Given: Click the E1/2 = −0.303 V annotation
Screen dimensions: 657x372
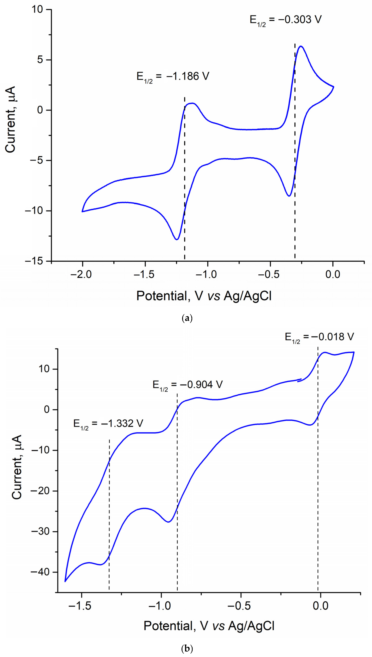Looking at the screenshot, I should pyautogui.click(x=285, y=20).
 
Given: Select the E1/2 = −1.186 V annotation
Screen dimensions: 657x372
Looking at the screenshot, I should pyautogui.click(x=173, y=76).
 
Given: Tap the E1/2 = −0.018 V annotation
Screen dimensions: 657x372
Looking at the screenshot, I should pyautogui.click(x=319, y=337).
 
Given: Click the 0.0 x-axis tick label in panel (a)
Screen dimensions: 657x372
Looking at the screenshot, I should pyautogui.click(x=333, y=275).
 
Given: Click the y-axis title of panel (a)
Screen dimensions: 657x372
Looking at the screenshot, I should pyautogui.click(x=11, y=119).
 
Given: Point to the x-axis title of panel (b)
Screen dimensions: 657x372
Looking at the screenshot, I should pyautogui.click(x=209, y=626).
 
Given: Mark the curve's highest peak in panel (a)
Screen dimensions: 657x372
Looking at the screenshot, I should pyautogui.click(x=301, y=46).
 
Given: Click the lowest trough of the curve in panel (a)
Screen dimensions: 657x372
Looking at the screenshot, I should pyautogui.click(x=176, y=239).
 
